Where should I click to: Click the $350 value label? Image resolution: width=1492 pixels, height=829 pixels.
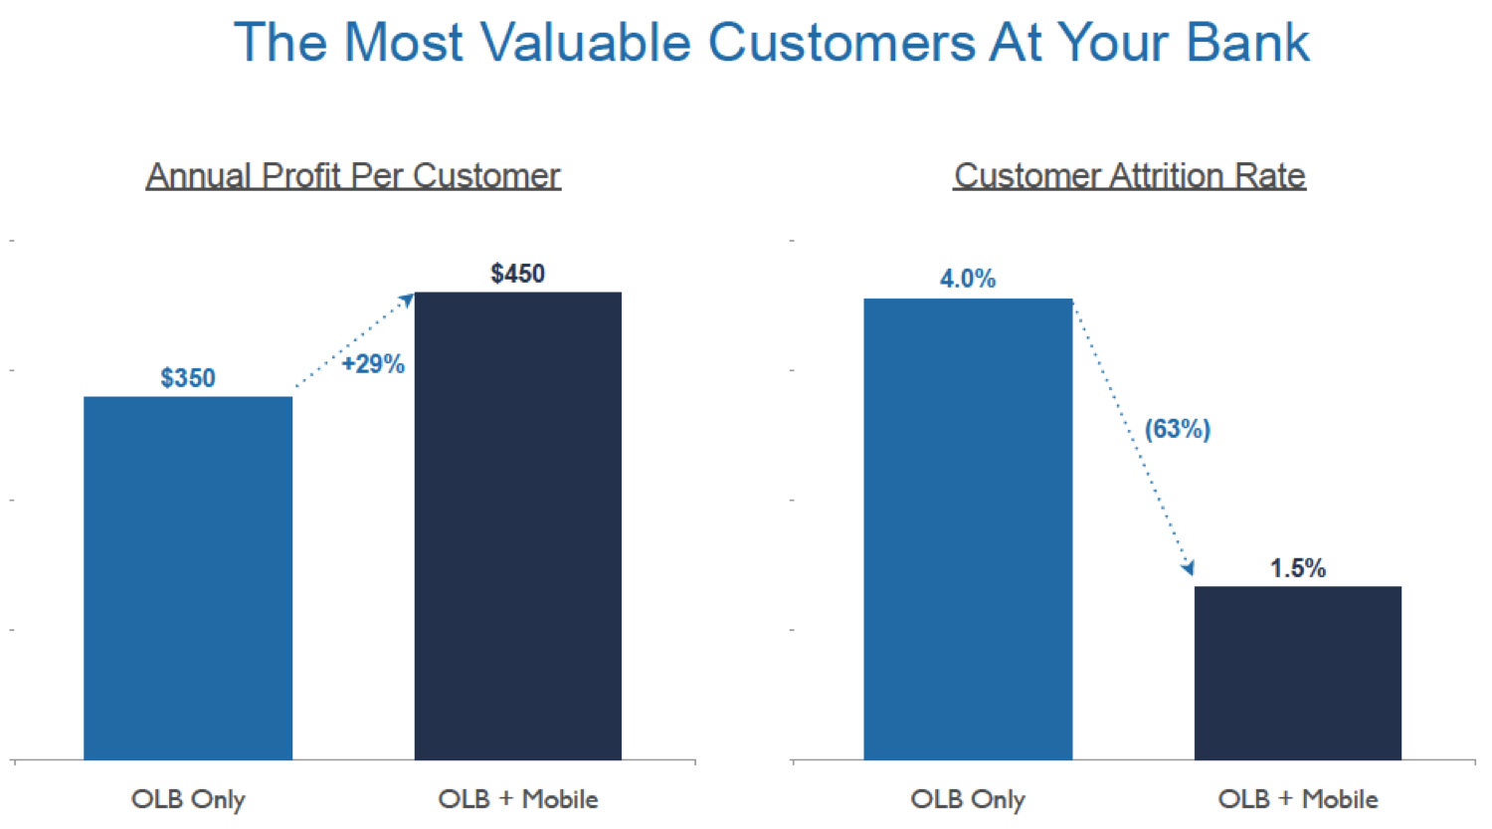tap(188, 378)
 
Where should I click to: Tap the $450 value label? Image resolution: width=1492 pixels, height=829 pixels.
tap(517, 274)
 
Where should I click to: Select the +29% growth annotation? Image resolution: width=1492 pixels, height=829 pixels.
tap(373, 364)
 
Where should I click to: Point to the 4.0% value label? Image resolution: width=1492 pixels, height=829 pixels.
tap(968, 279)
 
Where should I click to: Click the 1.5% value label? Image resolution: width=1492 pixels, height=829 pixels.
tap(1297, 568)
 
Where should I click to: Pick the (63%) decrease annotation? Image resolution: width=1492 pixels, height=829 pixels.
tap(1177, 429)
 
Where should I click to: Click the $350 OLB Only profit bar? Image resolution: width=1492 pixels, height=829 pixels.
tap(188, 577)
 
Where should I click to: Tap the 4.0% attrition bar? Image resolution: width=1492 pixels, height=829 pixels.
tap(968, 528)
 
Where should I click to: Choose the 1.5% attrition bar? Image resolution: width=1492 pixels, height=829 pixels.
tap(1297, 673)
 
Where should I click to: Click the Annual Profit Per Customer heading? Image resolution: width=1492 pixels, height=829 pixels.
tap(353, 176)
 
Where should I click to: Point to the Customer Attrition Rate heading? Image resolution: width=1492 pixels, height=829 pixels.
tap(1129, 176)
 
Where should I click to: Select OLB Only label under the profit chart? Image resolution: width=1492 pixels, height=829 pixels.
tap(188, 799)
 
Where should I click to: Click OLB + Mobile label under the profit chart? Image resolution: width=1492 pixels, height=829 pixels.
tap(517, 799)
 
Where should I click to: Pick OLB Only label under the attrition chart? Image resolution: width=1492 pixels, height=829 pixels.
tap(968, 799)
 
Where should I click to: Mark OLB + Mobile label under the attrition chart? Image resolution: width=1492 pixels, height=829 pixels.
tap(1297, 799)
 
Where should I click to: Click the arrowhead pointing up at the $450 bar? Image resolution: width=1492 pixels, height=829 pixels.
tap(407, 300)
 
